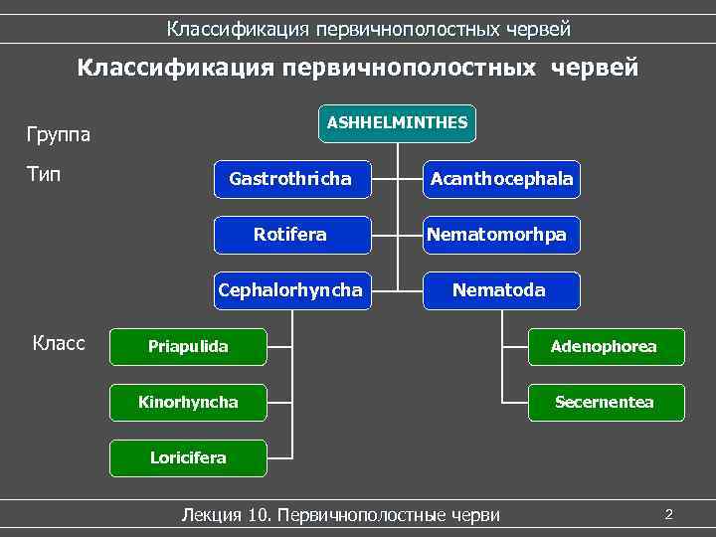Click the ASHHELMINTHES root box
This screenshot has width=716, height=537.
397,123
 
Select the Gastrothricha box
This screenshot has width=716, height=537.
290,179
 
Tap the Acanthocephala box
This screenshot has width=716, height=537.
501,179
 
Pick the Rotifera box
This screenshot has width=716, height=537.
290,235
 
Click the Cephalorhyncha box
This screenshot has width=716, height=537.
290,290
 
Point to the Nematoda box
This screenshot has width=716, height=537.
499,290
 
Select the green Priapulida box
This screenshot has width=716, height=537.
188,347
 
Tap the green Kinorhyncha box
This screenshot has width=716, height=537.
188,403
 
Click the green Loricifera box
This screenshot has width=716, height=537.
188,458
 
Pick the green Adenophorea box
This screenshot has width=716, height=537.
605,347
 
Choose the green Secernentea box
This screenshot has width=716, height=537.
605,403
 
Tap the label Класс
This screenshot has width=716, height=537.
59,344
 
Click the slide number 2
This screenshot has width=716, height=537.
669,514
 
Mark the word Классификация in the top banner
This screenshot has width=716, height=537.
238,29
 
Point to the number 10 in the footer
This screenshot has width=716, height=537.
262,515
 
